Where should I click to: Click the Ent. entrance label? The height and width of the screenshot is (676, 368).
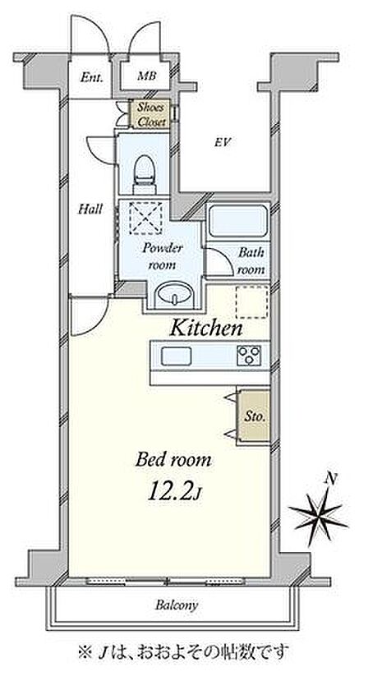[92, 78]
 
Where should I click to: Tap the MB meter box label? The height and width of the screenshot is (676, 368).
[146, 76]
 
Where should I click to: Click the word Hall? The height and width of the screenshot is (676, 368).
[90, 209]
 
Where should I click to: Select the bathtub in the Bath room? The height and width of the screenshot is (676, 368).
[238, 221]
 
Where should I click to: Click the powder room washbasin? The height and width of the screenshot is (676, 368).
[174, 295]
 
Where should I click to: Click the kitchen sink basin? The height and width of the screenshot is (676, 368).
[176, 356]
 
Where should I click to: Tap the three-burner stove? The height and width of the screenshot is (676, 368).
[249, 356]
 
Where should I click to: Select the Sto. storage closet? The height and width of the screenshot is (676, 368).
[255, 417]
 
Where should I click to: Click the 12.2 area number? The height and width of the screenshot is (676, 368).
[169, 493]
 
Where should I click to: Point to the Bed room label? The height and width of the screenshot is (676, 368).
[173, 461]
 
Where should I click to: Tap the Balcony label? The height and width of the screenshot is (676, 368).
[177, 605]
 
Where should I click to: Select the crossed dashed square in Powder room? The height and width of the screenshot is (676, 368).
[147, 218]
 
